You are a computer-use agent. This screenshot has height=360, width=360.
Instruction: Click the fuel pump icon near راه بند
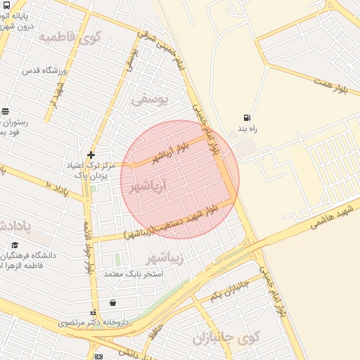[246, 117]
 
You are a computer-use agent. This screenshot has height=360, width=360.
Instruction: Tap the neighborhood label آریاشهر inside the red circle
[148, 186]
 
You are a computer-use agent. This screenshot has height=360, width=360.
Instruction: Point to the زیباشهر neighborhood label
[165, 258]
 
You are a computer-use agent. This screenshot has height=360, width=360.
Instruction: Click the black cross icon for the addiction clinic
[90, 155]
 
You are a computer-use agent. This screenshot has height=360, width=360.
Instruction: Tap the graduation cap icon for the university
[15, 245]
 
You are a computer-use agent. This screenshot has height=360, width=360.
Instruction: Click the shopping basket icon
[113, 303]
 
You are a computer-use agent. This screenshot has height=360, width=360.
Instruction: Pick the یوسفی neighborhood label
[150, 99]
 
